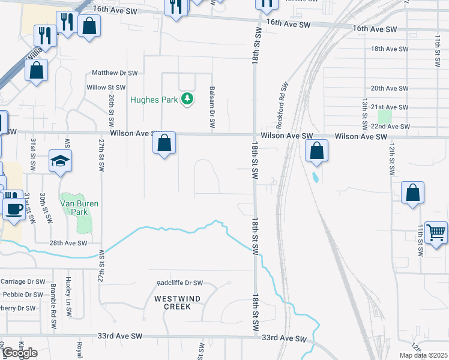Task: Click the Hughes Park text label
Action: point(154,100)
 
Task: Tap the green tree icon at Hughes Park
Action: point(187,98)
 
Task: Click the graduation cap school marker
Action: point(60,161)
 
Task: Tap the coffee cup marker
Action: point(14,209)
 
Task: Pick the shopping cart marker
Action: point(436,232)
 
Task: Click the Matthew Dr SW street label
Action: point(115,73)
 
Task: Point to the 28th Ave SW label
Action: point(69,243)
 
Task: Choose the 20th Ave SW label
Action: point(389,88)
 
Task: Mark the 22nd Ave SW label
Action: point(390,127)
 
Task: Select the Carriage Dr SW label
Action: point(23,281)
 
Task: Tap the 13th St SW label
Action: point(364,115)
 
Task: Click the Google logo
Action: point(19,353)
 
